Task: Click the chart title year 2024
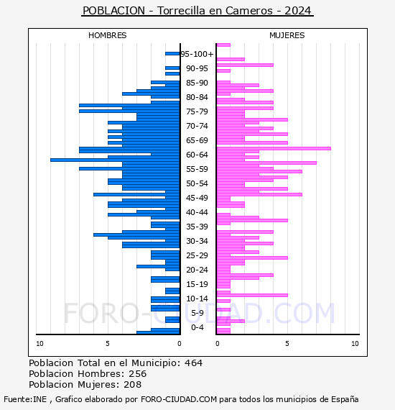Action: [x=297, y=11]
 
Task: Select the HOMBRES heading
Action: [x=107, y=35]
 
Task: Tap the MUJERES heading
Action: [x=287, y=35]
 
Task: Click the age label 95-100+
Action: [x=197, y=54]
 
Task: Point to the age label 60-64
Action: [x=197, y=155]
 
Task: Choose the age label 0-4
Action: [x=197, y=327]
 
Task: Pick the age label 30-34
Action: [x=197, y=241]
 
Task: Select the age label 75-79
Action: [x=197, y=111]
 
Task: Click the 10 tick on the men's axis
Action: [x=39, y=344]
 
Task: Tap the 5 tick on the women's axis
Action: [x=287, y=344]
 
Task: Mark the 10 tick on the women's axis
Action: [x=355, y=344]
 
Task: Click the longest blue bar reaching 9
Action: [x=115, y=160]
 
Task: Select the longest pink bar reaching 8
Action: [x=274, y=148]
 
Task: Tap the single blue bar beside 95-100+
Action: [x=172, y=54]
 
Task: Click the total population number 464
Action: [x=193, y=363]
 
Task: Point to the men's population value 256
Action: [x=138, y=373]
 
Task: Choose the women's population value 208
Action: [x=133, y=384]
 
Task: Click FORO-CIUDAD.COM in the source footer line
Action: [x=179, y=399]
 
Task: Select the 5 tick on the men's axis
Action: [x=108, y=344]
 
